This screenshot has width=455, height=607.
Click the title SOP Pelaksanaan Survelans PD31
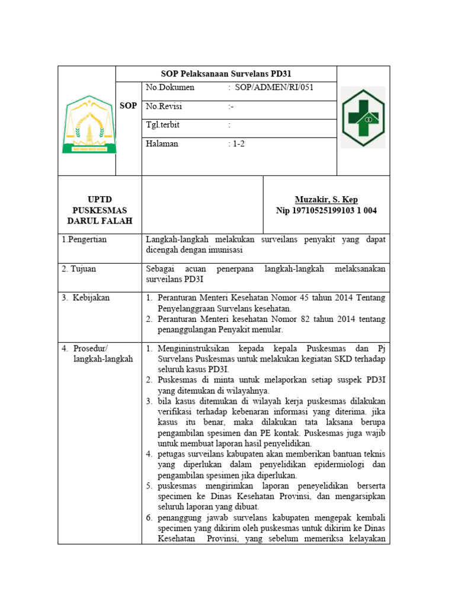click(x=226, y=74)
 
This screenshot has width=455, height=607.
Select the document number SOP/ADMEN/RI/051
click(x=274, y=88)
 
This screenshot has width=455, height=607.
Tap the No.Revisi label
click(x=164, y=107)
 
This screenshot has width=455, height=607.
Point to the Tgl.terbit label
click(x=163, y=125)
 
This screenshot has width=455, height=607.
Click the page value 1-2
click(x=238, y=144)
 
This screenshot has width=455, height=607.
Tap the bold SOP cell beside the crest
click(x=129, y=106)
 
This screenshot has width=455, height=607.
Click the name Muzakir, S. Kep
click(x=326, y=200)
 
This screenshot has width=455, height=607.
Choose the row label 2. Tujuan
click(x=79, y=269)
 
